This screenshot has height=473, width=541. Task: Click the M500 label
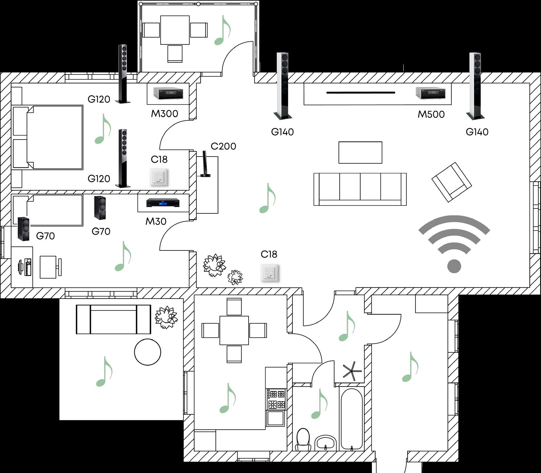431,114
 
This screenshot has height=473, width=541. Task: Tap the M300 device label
165,114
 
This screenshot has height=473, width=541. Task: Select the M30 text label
156,221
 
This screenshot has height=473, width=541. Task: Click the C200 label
223,146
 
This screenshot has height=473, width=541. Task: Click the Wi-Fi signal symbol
454,244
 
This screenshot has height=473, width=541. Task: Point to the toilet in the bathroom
303,439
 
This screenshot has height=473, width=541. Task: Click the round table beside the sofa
148,352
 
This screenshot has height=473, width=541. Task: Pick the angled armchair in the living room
451,182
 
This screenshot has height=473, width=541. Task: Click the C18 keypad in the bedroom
159,177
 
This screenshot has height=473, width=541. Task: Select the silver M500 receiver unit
430,93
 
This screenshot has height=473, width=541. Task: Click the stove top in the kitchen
276,399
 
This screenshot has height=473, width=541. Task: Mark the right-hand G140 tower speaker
476,86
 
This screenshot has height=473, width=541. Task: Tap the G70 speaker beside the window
23,229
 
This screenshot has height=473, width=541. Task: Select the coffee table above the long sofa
360,152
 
